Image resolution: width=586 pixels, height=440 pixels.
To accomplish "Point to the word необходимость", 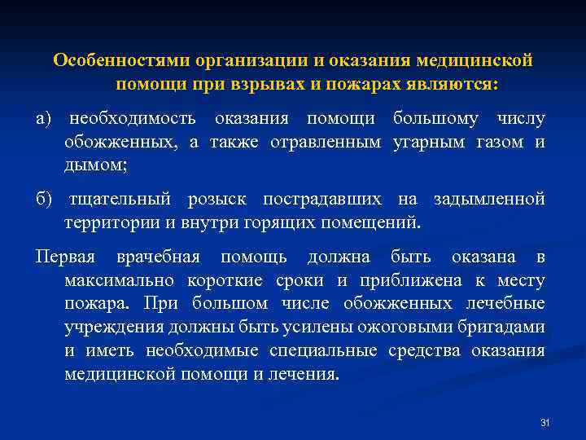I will click(x=132, y=120).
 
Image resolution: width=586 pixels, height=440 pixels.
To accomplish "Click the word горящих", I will click(x=289, y=222).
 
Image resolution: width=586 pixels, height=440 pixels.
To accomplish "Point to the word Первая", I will click(x=65, y=257).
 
